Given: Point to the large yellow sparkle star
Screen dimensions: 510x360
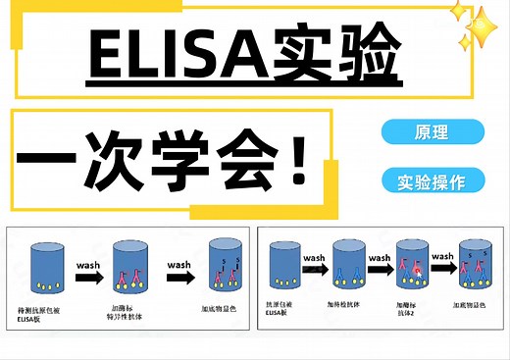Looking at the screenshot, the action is coord(476,31).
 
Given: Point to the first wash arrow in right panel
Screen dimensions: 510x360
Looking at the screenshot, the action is coord(316,268).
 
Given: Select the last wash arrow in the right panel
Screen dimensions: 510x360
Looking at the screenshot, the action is coord(444,268).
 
